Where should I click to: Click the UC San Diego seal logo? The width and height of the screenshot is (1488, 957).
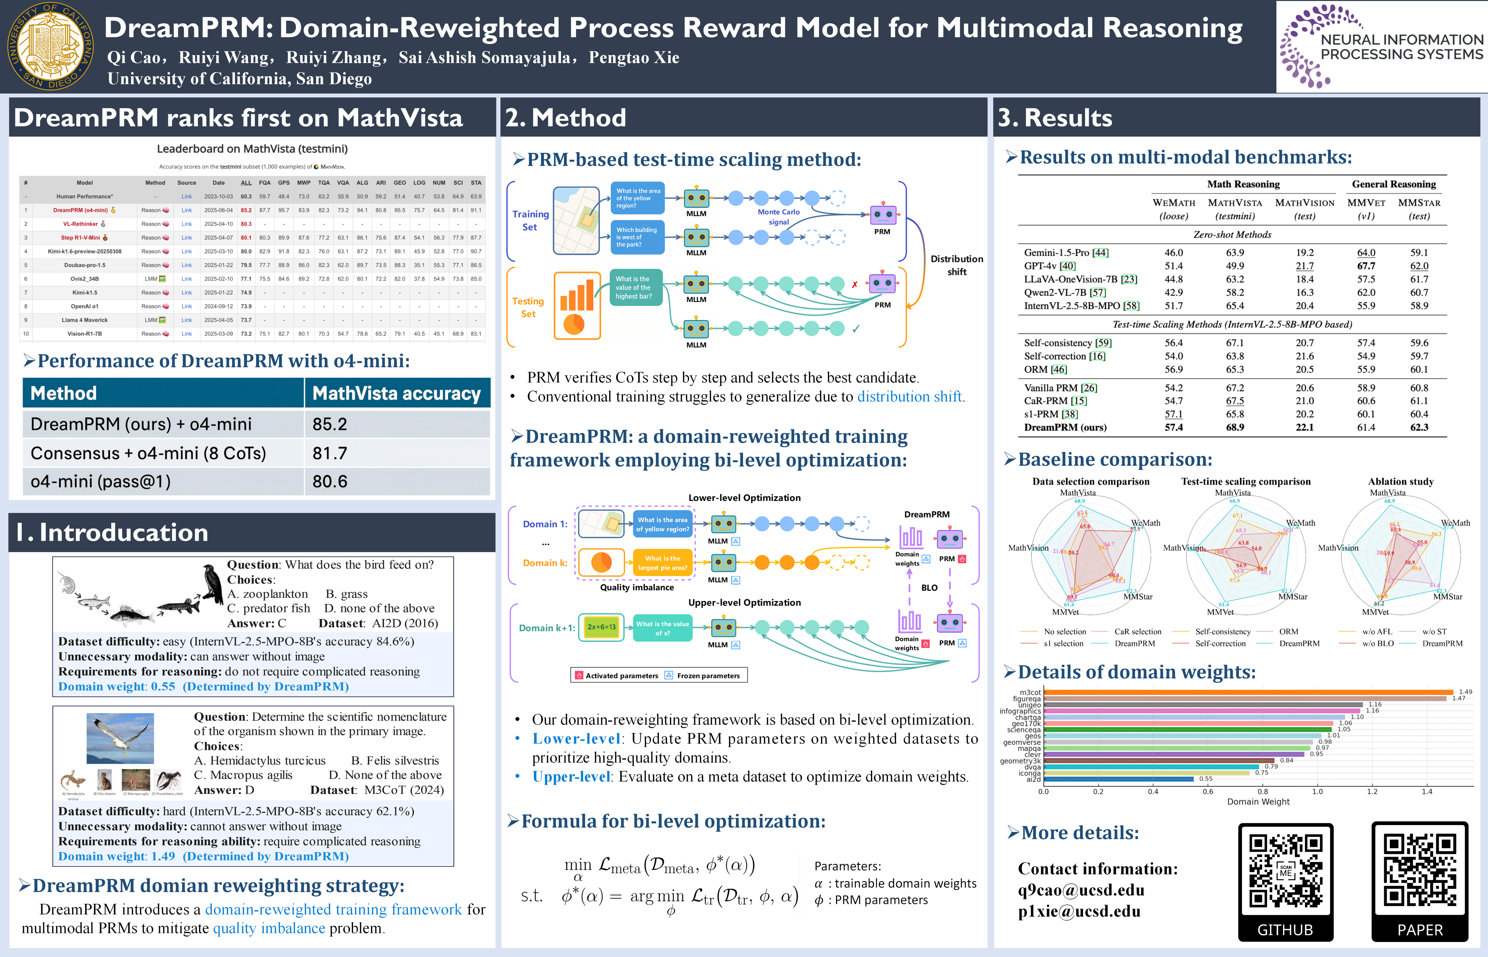[51, 47]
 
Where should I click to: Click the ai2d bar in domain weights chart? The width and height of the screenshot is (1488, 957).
[1118, 779]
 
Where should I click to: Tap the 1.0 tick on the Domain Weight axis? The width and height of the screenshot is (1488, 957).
[1317, 792]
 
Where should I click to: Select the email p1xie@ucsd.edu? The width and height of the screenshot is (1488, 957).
[1079, 911]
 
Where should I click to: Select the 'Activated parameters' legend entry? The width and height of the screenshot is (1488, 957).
[621, 676]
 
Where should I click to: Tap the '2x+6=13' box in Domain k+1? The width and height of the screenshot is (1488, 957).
[601, 627]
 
